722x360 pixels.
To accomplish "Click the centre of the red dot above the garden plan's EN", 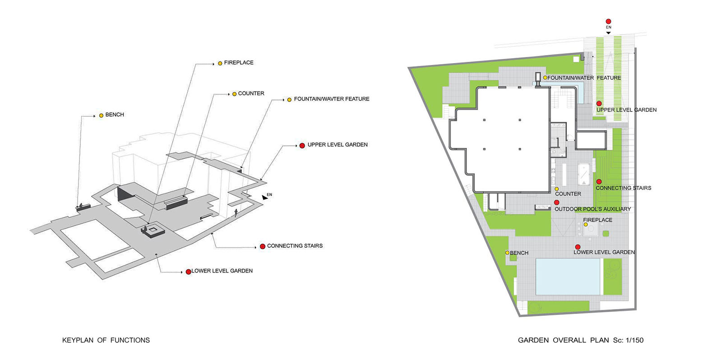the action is (608, 22).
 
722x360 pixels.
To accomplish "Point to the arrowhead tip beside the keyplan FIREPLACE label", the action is (214, 64).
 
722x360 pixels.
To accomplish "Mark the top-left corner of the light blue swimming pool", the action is (536, 258).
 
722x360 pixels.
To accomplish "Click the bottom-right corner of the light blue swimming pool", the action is (600, 295).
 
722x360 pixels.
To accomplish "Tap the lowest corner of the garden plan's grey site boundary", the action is (519, 316).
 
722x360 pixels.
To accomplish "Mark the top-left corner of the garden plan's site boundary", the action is (408, 68).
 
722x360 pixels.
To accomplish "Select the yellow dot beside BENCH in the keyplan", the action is (101, 115).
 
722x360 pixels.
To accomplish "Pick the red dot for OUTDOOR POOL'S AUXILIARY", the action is (556, 203).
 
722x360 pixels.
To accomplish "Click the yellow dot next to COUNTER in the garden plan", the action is (556, 189).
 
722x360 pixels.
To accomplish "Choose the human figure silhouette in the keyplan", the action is (236, 213).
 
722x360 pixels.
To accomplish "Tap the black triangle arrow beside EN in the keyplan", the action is (264, 197).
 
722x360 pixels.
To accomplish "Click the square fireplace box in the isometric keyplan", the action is (153, 231).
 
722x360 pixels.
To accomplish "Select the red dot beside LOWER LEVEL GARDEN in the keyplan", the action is (188, 272).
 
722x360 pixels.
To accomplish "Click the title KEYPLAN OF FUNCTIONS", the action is (106, 340).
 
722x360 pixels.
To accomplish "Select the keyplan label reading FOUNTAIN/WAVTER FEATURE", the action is (331, 99).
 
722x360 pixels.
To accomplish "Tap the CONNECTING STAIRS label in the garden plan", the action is (623, 188).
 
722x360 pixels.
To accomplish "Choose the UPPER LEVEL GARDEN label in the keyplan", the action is (338, 145).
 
